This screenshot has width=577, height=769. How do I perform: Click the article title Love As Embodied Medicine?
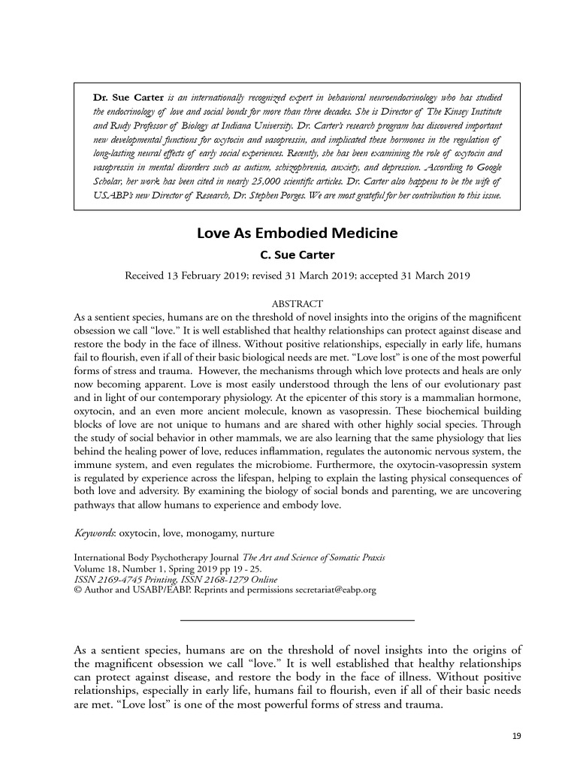[297, 233]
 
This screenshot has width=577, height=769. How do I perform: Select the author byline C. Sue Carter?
[297, 255]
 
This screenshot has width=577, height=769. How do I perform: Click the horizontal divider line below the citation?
[298, 620]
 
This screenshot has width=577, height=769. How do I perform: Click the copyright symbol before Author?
[77, 590]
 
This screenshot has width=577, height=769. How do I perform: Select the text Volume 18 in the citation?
[95, 568]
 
